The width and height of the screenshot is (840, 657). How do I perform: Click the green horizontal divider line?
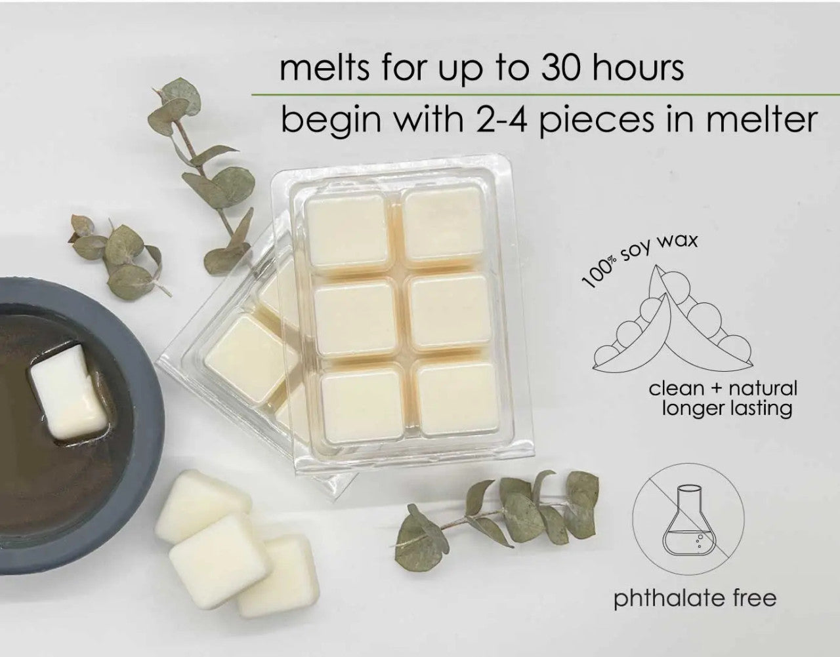point(545,94)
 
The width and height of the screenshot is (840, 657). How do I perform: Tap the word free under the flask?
point(755,597)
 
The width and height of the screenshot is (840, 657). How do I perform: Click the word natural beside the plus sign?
point(763,388)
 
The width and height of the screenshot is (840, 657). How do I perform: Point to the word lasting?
point(760,409)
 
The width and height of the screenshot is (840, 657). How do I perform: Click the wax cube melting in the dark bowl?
point(69,392)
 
